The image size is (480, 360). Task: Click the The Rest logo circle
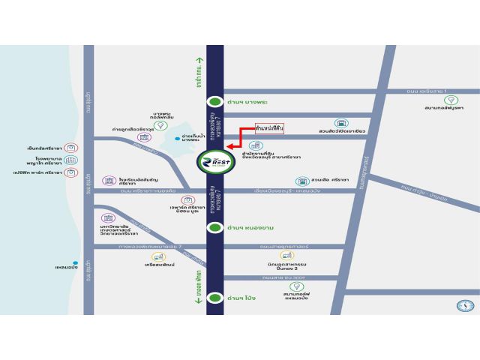pyautogui.click(x=215, y=163)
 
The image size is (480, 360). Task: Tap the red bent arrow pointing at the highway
pyautogui.click(x=239, y=140)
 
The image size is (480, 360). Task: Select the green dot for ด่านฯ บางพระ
pyautogui.click(x=215, y=101)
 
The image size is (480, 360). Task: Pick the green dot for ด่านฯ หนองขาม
pyautogui.click(x=215, y=227)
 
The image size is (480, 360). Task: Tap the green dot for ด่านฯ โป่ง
pyautogui.click(x=215, y=298)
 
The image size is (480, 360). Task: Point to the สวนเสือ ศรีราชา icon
pyautogui.click(x=301, y=181)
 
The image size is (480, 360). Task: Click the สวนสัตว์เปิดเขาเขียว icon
pyautogui.click(x=341, y=123)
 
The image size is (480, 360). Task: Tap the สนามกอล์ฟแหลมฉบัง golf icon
pyautogui.click(x=295, y=286)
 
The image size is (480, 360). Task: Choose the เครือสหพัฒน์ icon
pyautogui.click(x=159, y=256)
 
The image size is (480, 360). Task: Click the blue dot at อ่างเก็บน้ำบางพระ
pyautogui.click(x=177, y=139)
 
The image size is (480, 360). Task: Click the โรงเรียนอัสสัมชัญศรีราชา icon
pyautogui.click(x=111, y=181)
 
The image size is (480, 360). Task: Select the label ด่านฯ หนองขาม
pyautogui.click(x=247, y=227)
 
